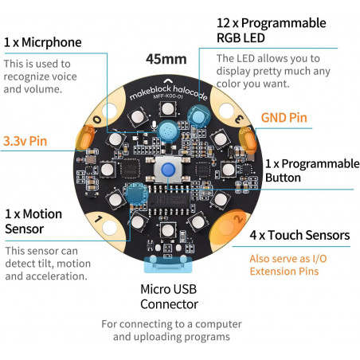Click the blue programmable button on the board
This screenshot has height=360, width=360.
[168, 170]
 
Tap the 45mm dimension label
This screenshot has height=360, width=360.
[166, 59]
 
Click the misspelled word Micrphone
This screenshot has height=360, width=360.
[52, 42]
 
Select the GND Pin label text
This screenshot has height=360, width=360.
[284, 118]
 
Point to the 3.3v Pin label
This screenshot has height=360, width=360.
[25, 141]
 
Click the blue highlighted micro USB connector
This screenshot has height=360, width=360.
[168, 264]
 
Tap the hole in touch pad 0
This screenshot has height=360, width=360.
[109, 112]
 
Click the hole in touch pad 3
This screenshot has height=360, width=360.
[226, 111]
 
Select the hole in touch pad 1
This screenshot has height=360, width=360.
[109, 228]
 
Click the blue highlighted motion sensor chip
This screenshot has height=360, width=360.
[136, 193]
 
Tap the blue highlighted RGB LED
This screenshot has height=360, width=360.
[198, 116]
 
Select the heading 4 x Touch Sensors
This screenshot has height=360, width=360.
[299, 235]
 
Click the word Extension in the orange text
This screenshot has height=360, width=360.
[272, 272]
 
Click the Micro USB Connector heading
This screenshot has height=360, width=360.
[169, 296]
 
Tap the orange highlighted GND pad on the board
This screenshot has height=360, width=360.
[248, 139]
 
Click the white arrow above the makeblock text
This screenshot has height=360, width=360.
[167, 80]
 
